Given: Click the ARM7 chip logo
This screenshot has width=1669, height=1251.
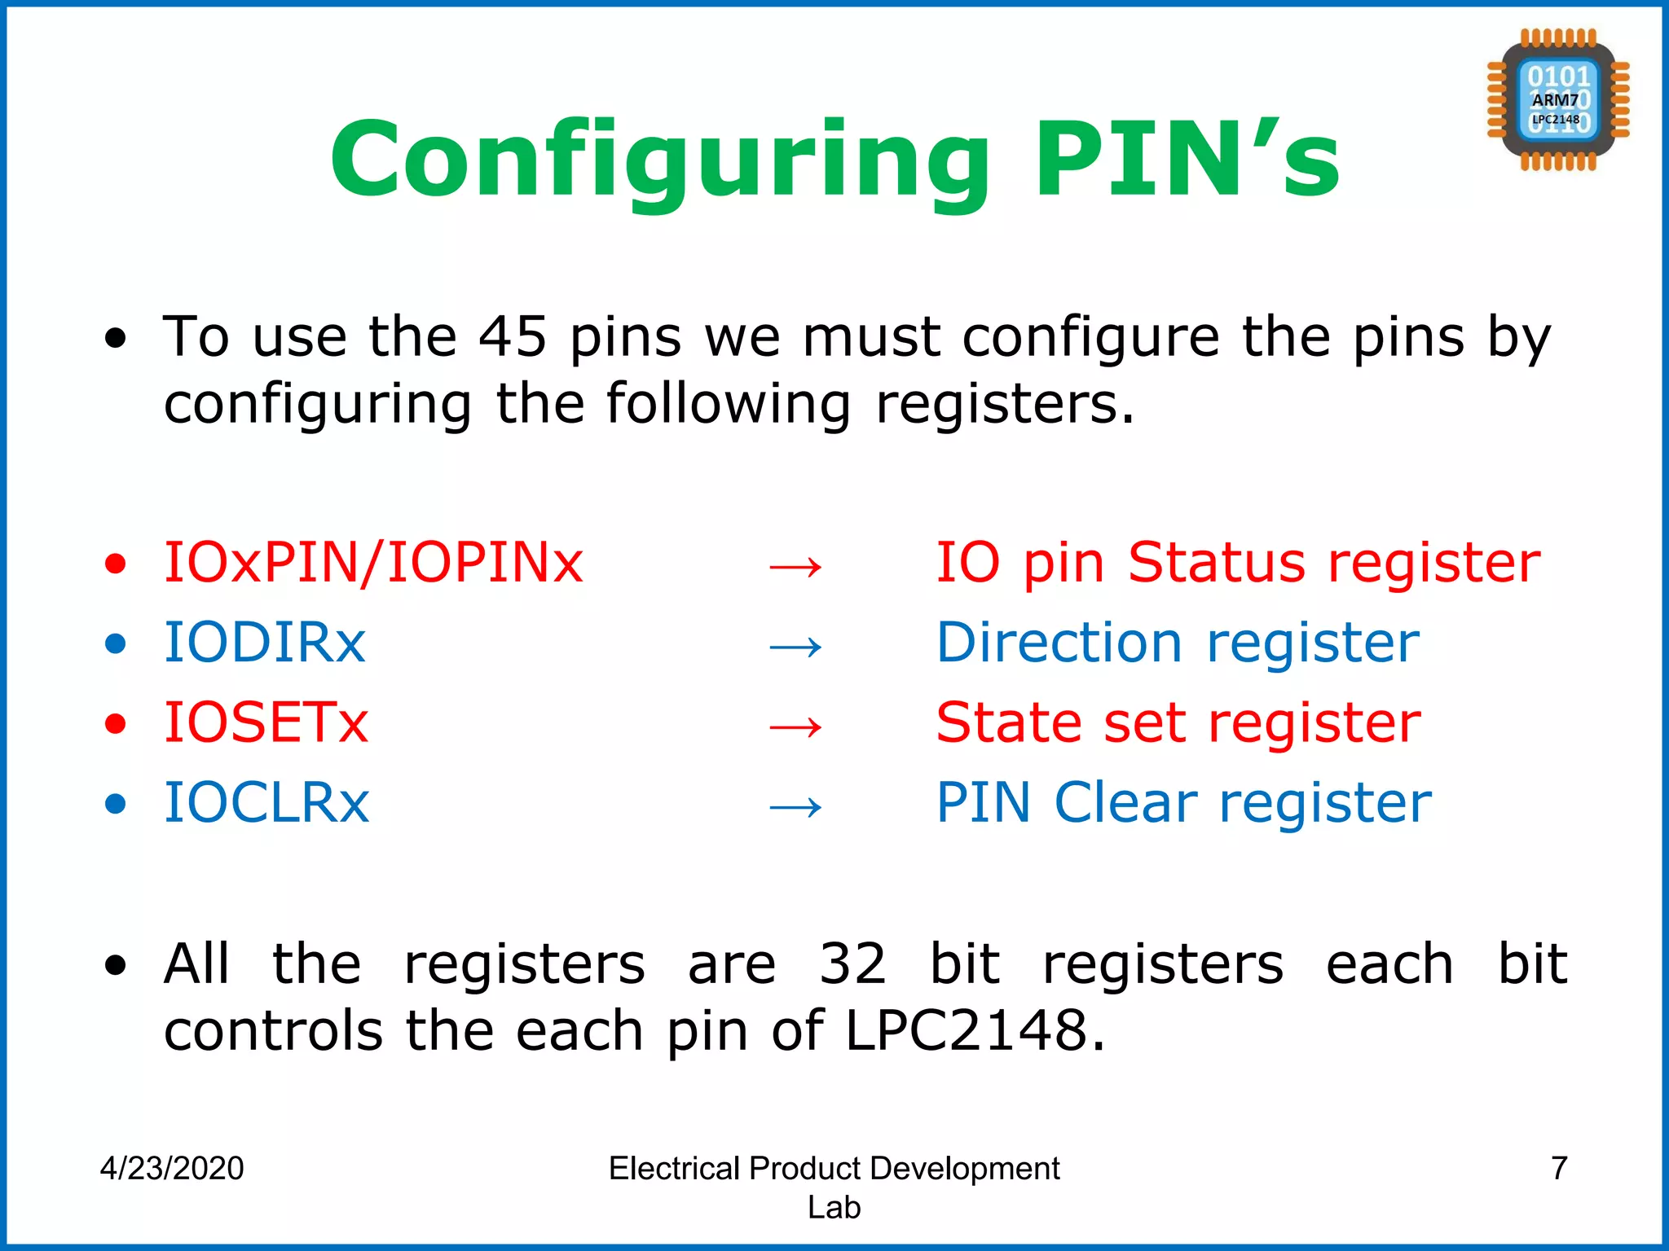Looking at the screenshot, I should pyautogui.click(x=1557, y=100).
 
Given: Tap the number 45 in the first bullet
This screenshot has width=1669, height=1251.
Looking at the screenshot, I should pyautogui.click(x=512, y=336).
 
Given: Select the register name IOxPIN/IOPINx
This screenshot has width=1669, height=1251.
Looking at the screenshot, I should pyautogui.click(x=373, y=563).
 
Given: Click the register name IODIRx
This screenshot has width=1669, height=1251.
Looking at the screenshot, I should pyautogui.click(x=265, y=643).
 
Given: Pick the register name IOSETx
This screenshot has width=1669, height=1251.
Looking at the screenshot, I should pyautogui.click(x=266, y=722).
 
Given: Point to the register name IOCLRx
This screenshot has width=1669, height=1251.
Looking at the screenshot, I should pyautogui.click(x=266, y=802).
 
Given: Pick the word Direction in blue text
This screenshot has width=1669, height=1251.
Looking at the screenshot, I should pyautogui.click(x=1059, y=643).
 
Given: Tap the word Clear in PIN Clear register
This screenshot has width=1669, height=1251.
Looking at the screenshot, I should pyautogui.click(x=1125, y=802).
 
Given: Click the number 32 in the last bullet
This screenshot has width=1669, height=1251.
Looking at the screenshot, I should pyautogui.click(x=852, y=963).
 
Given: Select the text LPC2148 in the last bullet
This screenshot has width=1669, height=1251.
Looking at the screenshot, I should pyautogui.click(x=967, y=1030).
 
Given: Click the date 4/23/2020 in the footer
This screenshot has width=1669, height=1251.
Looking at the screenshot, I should pyautogui.click(x=172, y=1168).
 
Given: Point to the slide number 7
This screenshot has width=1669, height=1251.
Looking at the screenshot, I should pyautogui.click(x=1559, y=1168).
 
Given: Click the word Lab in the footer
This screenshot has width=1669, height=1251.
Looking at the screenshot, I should pyautogui.click(x=834, y=1207).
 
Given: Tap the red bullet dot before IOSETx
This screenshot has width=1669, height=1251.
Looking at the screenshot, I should pyautogui.click(x=116, y=723).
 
